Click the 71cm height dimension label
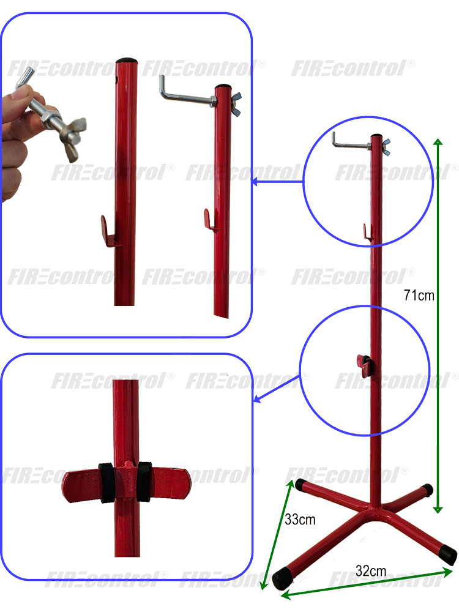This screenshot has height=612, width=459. point(419,295)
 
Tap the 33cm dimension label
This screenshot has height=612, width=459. point(300,520)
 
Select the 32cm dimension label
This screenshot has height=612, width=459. point(371,571)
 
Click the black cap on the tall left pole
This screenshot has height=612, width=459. point(127,61)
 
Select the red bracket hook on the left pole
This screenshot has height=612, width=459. point(110,232)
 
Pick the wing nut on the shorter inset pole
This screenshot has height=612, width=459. point(236,104)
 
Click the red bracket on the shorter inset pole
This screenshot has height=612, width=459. point(211,220)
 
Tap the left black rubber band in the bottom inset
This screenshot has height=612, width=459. point(106,482)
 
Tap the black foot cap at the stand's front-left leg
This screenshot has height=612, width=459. point(283,579)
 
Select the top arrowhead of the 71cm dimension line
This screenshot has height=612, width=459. point(438,141)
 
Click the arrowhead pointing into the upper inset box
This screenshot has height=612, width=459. point(254,182)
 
